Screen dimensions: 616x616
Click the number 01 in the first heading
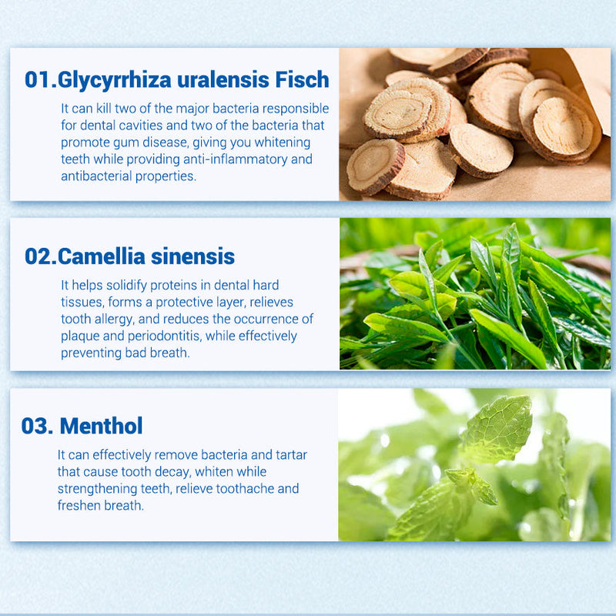coord(37,80)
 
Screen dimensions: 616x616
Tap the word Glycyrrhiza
coord(114,81)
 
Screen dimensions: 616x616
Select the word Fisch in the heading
coord(302,79)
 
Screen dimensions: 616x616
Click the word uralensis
coord(223,80)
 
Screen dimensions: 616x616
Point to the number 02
coord(37,256)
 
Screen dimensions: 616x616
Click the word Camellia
coord(102,256)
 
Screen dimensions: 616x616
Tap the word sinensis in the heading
coord(192,256)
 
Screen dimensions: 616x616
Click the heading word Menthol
coord(101,426)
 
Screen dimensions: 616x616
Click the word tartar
coord(291,454)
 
